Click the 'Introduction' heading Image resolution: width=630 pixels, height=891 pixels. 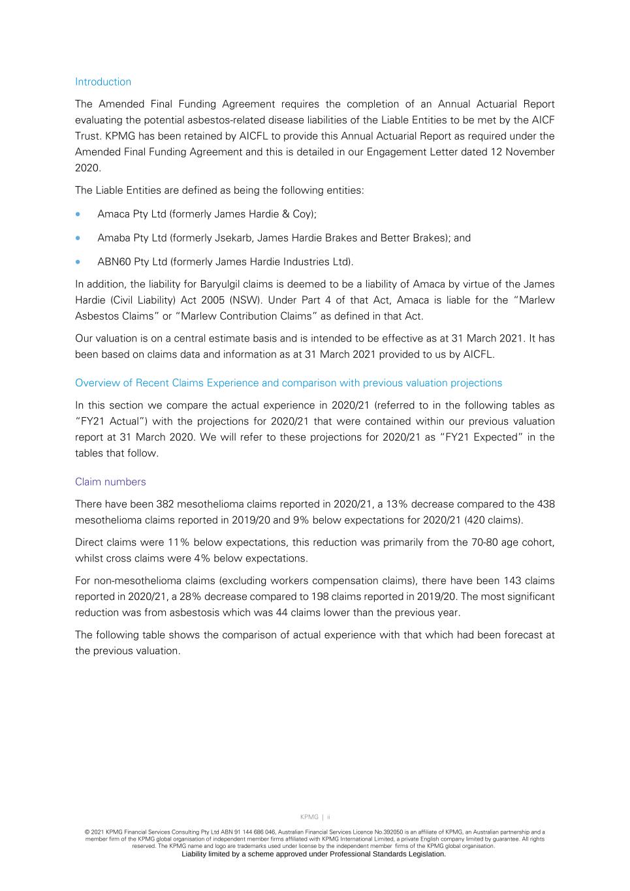[x=103, y=82]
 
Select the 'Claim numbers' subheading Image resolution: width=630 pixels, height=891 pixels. [x=110, y=482]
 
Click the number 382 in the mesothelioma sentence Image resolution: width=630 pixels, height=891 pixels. [x=165, y=504]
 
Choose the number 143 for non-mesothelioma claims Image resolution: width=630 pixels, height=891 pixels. [x=512, y=581]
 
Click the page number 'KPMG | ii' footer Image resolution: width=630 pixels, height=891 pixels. [x=315, y=817]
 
